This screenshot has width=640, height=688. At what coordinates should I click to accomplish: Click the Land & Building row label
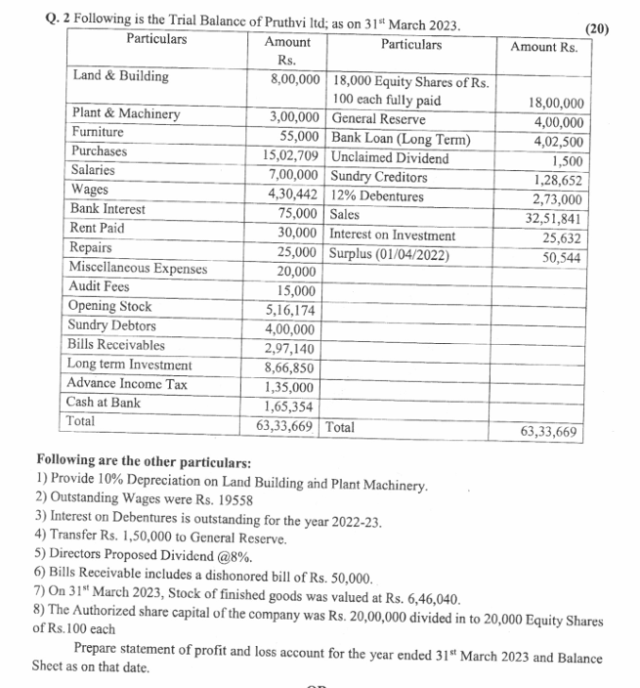tap(120, 76)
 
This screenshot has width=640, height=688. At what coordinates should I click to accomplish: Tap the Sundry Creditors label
tap(379, 177)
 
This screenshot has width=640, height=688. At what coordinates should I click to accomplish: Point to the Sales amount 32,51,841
tap(554, 219)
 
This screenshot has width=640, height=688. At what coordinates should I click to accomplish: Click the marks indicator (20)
tap(594, 27)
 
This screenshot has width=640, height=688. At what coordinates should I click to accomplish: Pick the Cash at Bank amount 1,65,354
tap(291, 408)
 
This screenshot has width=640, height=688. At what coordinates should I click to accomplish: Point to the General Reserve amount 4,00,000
tap(559, 122)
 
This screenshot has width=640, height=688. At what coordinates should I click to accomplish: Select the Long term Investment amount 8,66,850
tap(291, 368)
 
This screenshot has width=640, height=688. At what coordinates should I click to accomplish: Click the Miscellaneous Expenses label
tap(138, 268)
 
